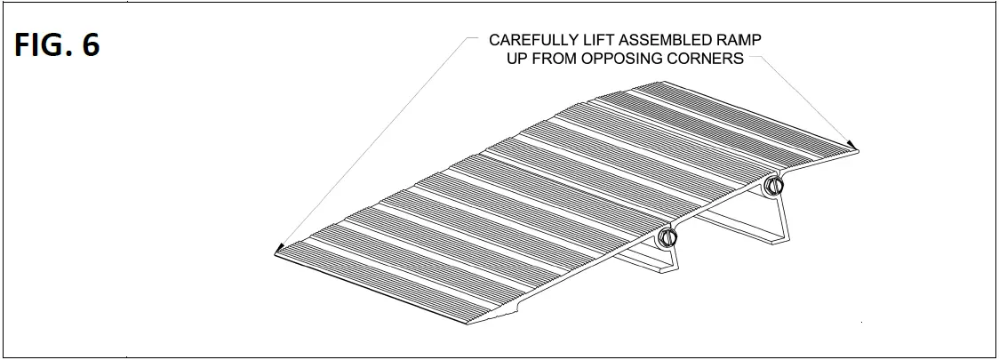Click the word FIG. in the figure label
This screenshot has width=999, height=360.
44,46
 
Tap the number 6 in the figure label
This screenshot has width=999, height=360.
91,46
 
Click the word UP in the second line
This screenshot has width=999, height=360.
516,60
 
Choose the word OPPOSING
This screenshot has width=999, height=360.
631,60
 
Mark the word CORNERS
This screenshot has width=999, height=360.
711,60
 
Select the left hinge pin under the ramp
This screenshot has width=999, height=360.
667,238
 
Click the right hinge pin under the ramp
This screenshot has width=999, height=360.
774,187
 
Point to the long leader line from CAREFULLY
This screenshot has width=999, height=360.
373,142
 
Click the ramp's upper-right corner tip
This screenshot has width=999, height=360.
860,151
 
